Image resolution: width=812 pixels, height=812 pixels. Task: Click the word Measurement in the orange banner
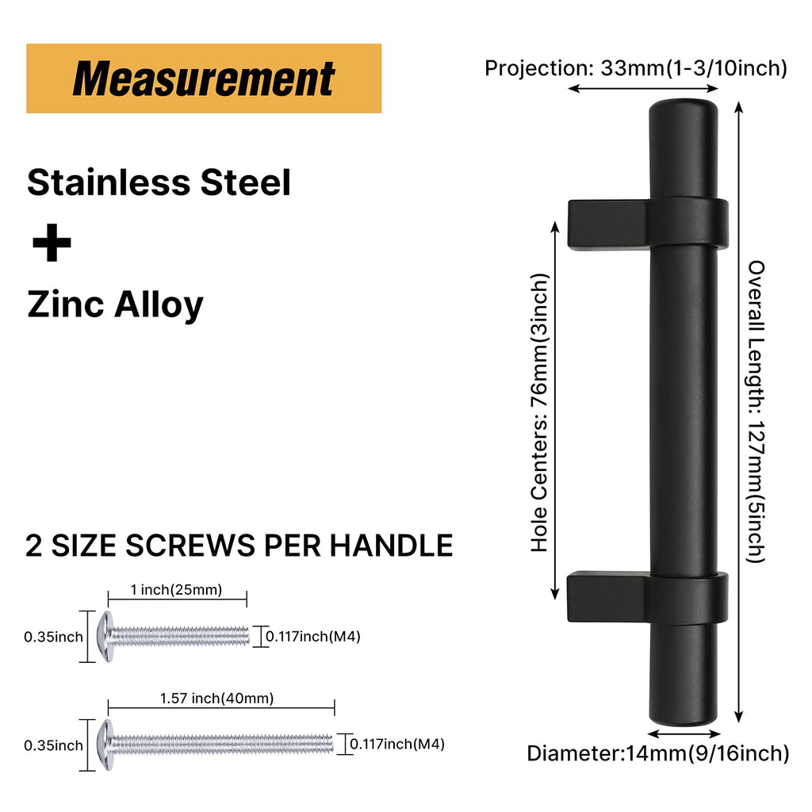point(204,79)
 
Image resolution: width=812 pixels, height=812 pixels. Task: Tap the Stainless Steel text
point(159,182)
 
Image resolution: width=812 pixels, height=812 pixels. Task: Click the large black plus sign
point(52,243)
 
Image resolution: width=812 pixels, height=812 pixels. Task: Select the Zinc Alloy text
point(115,304)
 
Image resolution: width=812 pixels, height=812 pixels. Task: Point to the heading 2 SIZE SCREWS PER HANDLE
point(239,546)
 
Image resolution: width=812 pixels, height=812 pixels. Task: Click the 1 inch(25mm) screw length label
point(176,590)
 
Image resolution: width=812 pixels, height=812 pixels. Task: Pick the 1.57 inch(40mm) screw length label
point(217,698)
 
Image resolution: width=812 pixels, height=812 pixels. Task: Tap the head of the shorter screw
point(105,637)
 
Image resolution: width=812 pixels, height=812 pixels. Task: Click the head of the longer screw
point(105,745)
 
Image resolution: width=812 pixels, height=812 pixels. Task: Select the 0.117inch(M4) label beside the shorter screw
point(312,637)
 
